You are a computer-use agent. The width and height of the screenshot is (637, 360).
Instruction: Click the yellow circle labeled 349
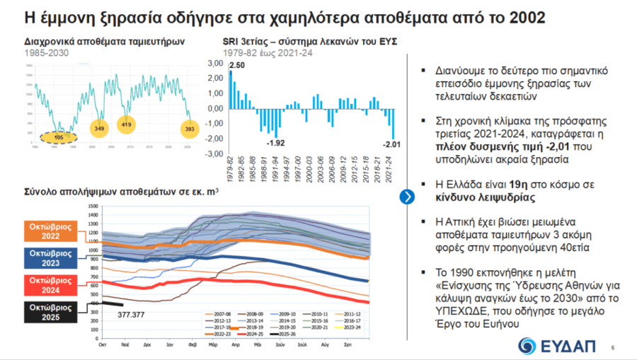[99, 129]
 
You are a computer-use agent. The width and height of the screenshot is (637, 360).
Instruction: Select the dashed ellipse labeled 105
[59, 137]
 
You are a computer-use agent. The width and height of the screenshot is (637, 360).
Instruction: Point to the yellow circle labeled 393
[189, 129]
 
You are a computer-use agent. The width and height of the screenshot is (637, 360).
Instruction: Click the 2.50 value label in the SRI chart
[237, 65]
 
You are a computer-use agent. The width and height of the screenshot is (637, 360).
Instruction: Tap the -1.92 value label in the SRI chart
[276, 143]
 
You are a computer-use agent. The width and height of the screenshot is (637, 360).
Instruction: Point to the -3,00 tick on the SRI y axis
[214, 154]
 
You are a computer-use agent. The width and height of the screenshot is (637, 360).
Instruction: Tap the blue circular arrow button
[406, 197]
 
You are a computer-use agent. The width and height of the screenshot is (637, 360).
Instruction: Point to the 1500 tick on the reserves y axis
[93, 207]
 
